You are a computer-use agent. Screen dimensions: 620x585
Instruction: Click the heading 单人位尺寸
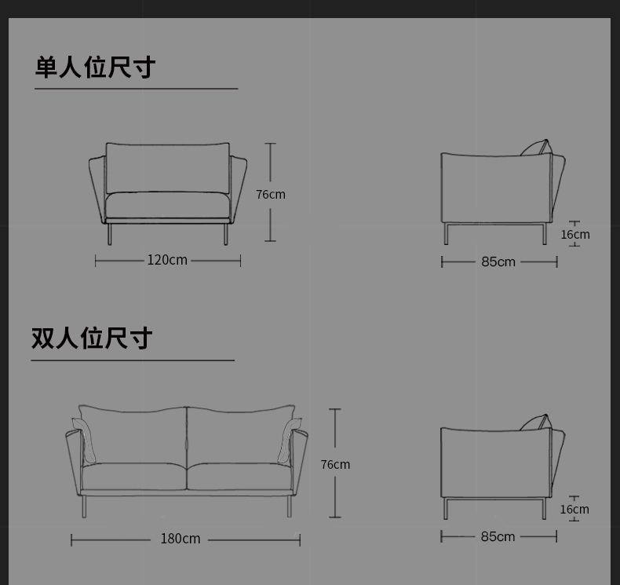tap(95, 68)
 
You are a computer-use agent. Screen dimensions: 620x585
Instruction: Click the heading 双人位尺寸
tap(92, 338)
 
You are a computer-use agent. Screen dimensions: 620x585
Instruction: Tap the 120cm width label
tap(167, 260)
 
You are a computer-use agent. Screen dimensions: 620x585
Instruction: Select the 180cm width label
tap(181, 539)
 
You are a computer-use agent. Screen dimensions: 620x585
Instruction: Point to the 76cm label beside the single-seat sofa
tap(271, 194)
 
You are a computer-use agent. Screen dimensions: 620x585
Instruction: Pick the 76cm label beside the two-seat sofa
tap(335, 464)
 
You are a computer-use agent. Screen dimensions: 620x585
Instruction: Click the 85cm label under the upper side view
tap(498, 261)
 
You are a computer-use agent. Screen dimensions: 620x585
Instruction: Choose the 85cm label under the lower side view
tap(498, 537)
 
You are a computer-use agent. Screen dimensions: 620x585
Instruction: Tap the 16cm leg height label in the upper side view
tap(575, 235)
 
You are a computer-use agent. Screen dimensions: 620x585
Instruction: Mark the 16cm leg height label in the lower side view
tap(574, 510)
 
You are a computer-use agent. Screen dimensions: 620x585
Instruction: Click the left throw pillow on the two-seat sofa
tap(85, 440)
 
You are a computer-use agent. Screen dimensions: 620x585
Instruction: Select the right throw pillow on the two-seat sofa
tap(289, 440)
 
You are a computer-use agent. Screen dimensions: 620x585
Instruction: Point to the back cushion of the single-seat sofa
tap(167, 168)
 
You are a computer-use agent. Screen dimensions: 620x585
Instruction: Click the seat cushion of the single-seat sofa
tap(167, 205)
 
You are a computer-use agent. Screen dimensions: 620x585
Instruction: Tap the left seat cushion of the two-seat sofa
tap(133, 476)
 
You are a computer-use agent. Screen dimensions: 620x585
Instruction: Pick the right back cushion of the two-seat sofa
tap(240, 435)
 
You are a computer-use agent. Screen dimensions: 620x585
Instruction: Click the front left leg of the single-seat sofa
tap(110, 234)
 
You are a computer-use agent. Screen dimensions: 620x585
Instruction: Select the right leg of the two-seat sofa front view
tap(289, 506)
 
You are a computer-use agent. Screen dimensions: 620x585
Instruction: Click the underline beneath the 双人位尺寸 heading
tap(133, 360)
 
